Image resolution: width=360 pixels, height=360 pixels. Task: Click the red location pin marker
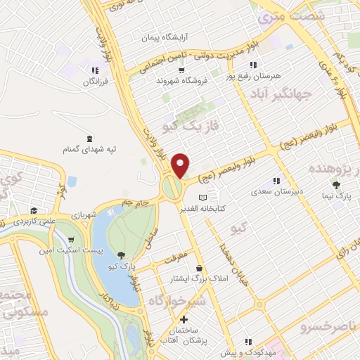pyautogui.click(x=181, y=164)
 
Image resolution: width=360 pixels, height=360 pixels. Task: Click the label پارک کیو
pyautogui.click(x=123, y=267)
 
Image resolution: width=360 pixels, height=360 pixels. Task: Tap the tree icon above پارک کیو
pyautogui.click(x=122, y=256)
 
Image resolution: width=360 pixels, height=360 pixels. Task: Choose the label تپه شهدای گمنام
pyautogui.click(x=90, y=149)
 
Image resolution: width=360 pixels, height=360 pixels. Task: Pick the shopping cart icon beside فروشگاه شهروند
pyautogui.click(x=181, y=70)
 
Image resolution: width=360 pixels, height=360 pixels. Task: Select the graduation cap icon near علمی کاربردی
pyautogui.click(x=33, y=210)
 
